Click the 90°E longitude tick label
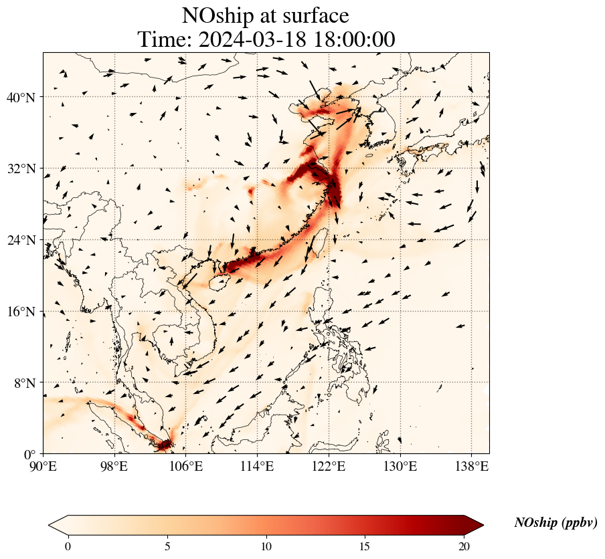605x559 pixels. (44, 465)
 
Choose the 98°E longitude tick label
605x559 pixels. (114, 465)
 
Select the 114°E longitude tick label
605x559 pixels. (257, 465)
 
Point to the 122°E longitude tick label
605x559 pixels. (329, 465)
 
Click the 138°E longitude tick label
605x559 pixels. (471, 465)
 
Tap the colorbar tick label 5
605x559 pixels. (167, 546)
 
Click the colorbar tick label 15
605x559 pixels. (365, 546)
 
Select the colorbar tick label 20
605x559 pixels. (464, 546)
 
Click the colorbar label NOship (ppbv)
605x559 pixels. (555, 523)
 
